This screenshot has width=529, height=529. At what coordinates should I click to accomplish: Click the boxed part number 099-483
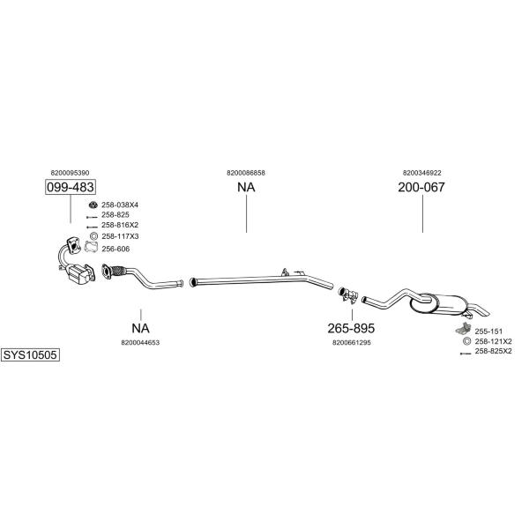coord(71,187)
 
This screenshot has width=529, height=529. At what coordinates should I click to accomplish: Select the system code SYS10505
coord(30,355)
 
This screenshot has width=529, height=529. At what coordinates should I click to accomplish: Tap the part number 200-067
coord(421,187)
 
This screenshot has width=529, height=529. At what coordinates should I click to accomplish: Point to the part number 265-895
coord(351,328)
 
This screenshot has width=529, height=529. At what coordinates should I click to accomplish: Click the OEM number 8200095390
coord(70,173)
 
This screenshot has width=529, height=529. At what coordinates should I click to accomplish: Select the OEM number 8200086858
coord(246,173)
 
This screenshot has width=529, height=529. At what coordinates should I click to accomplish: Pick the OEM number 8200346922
coord(422,173)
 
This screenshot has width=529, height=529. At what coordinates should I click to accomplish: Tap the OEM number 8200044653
coord(140,342)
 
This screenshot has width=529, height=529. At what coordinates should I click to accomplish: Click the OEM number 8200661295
coord(352,342)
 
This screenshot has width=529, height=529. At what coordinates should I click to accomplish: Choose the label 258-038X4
coord(120,205)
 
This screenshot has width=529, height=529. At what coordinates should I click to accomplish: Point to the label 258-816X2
coord(120,225)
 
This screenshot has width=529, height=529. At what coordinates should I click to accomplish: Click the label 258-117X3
coord(120,236)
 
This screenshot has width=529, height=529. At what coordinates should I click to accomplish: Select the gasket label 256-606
coord(115,249)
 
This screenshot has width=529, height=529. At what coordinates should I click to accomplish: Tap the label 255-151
coord(488,332)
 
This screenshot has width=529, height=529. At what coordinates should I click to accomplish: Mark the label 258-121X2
coord(493,341)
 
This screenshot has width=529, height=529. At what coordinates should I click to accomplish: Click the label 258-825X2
coord(493,351)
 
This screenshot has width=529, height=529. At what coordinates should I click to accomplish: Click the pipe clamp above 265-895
coord(348,294)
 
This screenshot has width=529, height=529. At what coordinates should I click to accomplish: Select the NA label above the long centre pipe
coord(246,187)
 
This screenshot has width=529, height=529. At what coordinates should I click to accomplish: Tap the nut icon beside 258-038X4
coord(93,205)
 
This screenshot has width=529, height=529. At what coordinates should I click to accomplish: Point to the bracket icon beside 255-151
coord(463,329)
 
